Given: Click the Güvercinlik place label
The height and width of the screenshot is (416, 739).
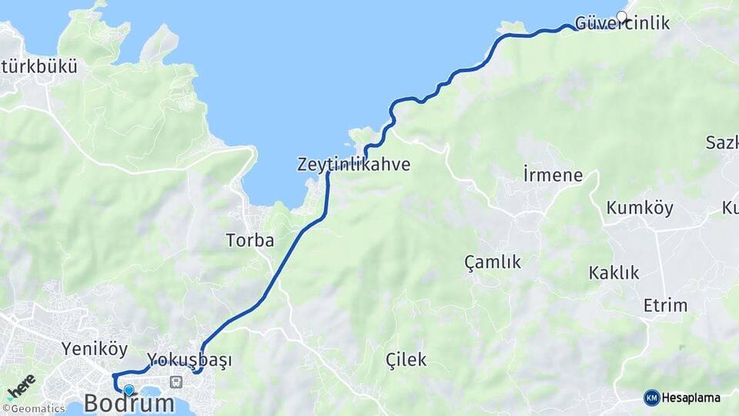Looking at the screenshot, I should (x=622, y=23).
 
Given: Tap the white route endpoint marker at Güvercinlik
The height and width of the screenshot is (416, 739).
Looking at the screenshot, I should (x=622, y=15).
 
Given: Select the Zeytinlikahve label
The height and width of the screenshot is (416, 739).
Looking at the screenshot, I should (x=353, y=165).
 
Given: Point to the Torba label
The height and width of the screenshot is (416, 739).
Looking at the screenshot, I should (x=250, y=240).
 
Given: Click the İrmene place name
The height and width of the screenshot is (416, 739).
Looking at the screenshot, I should (x=553, y=175).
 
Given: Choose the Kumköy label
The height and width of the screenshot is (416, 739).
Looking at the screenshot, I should (x=640, y=208).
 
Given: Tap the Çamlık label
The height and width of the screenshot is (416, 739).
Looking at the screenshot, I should (x=493, y=262).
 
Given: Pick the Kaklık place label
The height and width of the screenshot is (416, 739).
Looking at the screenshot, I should (x=614, y=273).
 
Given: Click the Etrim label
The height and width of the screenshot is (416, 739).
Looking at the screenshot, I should (x=665, y=305).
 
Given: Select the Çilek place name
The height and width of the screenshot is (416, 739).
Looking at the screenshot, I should (x=406, y=359).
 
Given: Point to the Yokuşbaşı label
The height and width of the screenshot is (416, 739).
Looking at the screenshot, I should (x=189, y=360).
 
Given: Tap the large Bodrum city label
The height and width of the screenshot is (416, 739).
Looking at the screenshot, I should (x=129, y=403).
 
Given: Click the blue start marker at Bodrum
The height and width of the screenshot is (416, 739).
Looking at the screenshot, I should (x=129, y=390).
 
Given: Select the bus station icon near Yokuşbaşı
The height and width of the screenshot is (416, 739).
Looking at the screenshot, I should (x=176, y=381).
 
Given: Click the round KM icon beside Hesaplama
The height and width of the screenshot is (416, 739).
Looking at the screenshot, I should (x=651, y=398).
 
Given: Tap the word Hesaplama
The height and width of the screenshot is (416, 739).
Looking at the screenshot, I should (x=691, y=398).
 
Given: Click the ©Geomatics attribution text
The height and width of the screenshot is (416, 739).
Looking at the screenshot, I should (x=33, y=409).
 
